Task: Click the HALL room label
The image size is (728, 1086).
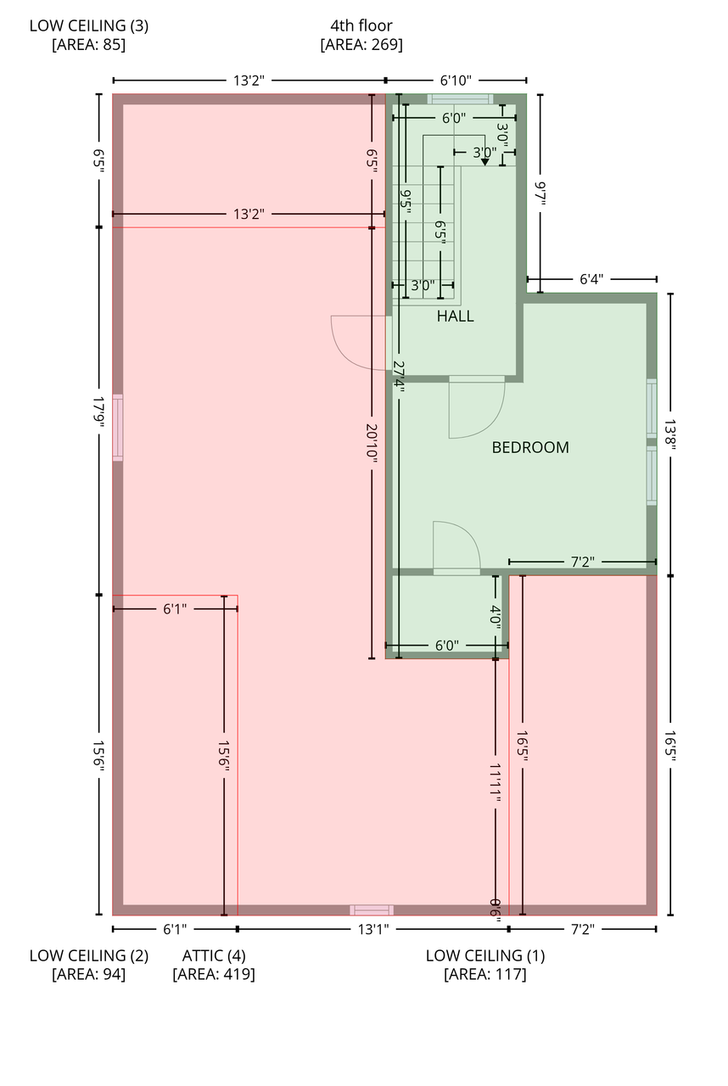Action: (455, 316)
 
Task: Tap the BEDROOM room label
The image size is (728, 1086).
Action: (530, 448)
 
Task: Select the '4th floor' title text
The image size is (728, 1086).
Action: (361, 25)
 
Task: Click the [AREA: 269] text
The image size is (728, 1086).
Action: (361, 45)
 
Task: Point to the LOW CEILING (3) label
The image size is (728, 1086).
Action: (89, 25)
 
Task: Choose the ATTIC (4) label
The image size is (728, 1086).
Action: (214, 955)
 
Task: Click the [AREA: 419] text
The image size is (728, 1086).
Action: (214, 975)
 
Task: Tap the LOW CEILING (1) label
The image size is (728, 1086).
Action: (485, 955)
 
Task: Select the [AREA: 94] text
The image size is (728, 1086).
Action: (89, 975)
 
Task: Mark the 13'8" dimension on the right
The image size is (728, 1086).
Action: (671, 435)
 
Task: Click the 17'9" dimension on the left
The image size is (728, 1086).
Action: (99, 411)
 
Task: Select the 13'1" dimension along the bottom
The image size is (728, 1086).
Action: (372, 930)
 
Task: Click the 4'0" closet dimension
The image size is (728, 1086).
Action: (496, 615)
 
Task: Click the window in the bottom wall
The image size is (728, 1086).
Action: (372, 910)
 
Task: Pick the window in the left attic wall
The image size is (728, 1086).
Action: (118, 428)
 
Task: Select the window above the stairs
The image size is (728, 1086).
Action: (460, 99)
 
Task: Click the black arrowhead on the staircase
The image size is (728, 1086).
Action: (484, 161)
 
